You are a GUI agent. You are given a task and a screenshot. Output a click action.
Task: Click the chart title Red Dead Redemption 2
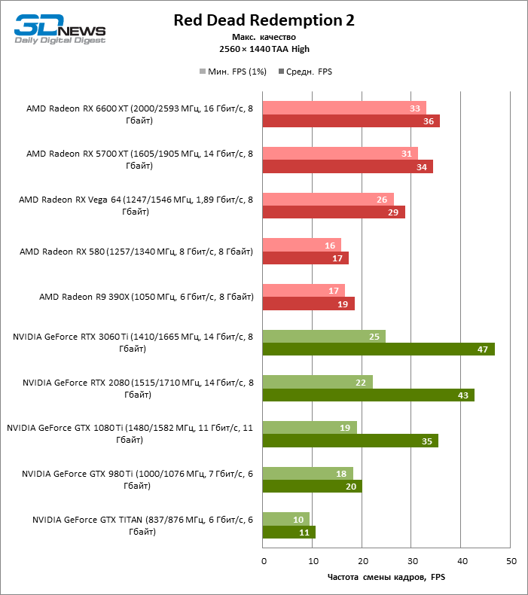point(264,20)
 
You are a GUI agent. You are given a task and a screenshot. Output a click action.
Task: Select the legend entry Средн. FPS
point(305,72)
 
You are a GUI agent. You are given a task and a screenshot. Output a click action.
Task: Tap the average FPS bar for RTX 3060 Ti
point(378,349)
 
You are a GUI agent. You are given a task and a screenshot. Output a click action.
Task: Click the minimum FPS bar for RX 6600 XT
point(343,108)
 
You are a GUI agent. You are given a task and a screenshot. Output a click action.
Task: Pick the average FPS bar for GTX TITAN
point(288,532)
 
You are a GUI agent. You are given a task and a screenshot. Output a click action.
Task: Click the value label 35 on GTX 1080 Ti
point(427,441)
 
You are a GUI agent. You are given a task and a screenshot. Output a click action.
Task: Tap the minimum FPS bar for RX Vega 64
point(328,199)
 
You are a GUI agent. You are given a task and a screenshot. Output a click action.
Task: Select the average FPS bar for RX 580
point(305,258)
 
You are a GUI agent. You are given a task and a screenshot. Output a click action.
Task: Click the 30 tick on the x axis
point(412,562)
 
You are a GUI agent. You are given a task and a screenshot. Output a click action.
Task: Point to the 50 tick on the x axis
point(511,562)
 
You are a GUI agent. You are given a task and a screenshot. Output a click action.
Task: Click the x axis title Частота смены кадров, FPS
point(386,578)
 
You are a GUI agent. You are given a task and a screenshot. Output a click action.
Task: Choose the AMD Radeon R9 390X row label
point(146,297)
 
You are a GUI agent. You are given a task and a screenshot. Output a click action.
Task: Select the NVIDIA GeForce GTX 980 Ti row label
point(137,480)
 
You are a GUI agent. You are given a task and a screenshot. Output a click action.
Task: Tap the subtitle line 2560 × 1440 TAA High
point(264,49)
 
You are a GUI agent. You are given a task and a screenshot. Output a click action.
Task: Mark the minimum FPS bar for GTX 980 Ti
point(307,473)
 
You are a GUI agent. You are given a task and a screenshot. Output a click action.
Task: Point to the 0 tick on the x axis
point(263,562)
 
